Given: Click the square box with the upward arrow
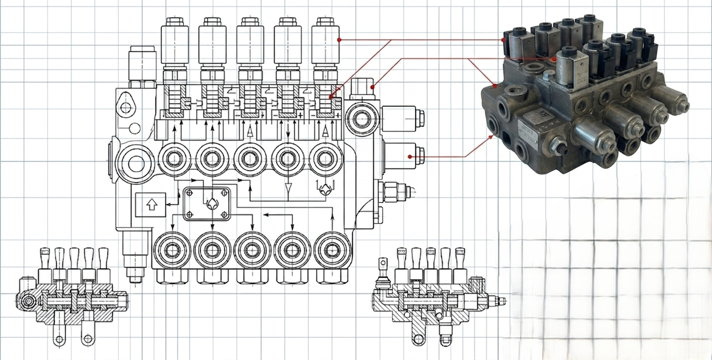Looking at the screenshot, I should [150, 205].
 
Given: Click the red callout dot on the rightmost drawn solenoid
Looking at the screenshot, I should [339, 40].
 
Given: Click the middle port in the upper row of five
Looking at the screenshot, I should [250, 158].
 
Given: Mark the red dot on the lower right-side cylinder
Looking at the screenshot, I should [410, 156].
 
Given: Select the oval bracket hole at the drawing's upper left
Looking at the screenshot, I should [125, 108].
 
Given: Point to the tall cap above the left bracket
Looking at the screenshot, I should [142, 63].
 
